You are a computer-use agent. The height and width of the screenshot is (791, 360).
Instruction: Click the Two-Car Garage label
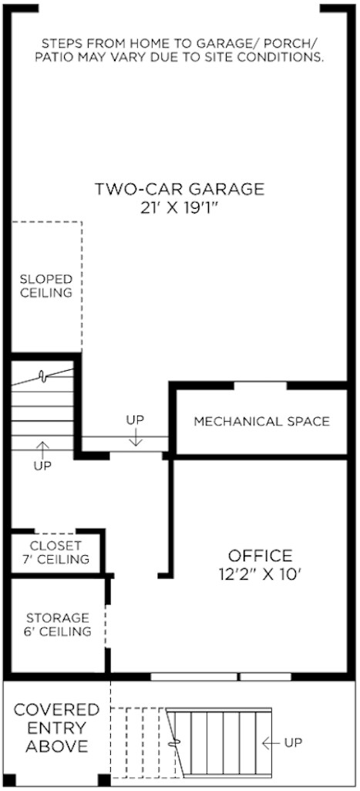coord(179,189)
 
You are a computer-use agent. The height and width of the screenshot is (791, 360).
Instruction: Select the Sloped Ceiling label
coord(46,286)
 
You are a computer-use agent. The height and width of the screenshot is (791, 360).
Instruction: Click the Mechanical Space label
coord(261,422)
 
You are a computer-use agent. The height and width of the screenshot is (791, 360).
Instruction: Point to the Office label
coord(260,556)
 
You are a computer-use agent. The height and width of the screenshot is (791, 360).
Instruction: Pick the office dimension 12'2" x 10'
coord(260,574)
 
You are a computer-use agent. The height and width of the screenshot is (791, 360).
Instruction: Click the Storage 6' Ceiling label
coord(58,625)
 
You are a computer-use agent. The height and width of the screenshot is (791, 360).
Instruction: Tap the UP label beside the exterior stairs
coord(293,743)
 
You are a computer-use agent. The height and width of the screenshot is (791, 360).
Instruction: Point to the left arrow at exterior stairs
coord(271,743)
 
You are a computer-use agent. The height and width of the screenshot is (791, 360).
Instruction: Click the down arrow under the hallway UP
coord(136,438)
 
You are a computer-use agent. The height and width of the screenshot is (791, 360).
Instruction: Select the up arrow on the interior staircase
coord(42,448)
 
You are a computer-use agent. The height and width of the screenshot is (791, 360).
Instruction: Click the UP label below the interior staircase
coord(43,466)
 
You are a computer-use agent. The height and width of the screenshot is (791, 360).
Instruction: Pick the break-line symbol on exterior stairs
coord(179,744)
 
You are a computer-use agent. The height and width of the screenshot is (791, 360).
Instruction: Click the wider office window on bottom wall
coord(193,678)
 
